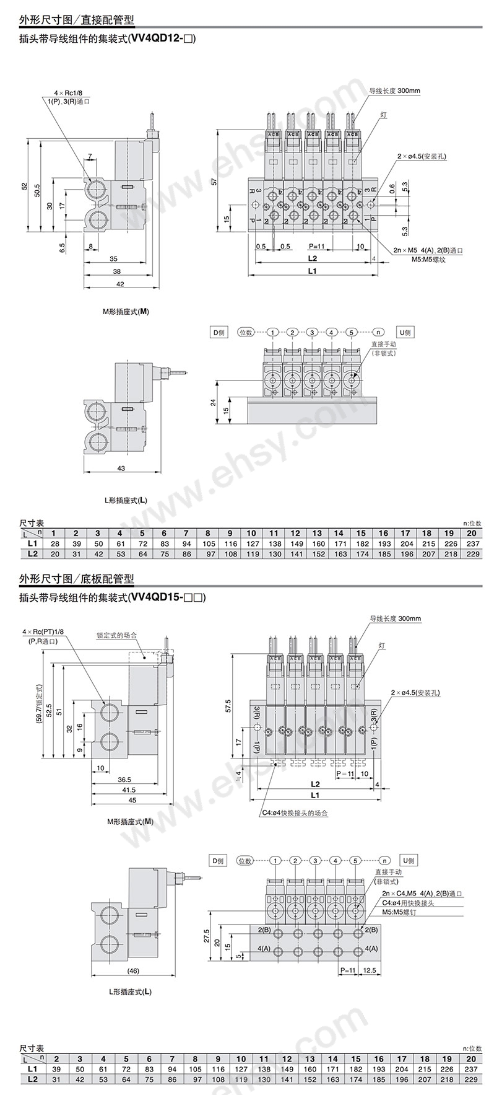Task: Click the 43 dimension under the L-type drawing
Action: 121,468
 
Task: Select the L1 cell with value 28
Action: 54,543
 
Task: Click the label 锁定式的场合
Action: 116,635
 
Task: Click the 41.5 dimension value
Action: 129,790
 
